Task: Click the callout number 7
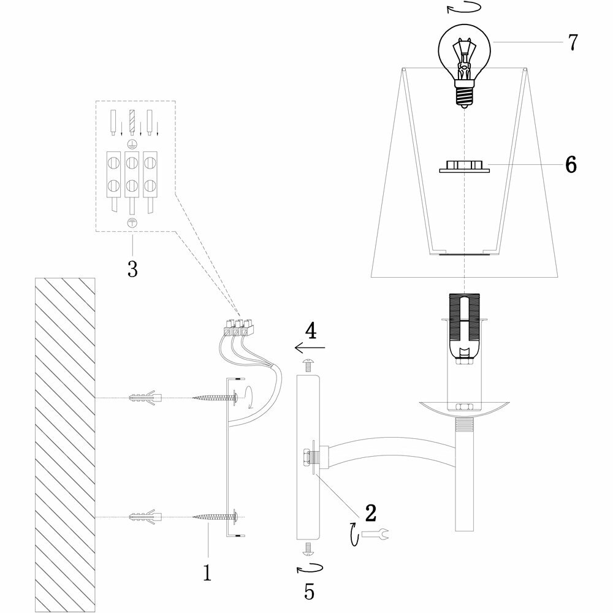tap(572, 42)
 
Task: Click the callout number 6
tap(571, 165)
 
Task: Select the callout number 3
tap(132, 268)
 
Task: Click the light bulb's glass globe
tap(463, 52)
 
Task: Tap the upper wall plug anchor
tap(145, 398)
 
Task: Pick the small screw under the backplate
tap(308, 547)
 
